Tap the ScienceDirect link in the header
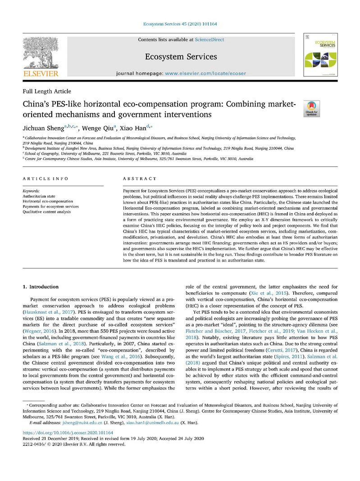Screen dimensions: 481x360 click(x=210, y=40)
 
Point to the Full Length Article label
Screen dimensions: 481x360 click(x=46, y=92)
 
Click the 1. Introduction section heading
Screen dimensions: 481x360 click(x=41, y=287)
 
